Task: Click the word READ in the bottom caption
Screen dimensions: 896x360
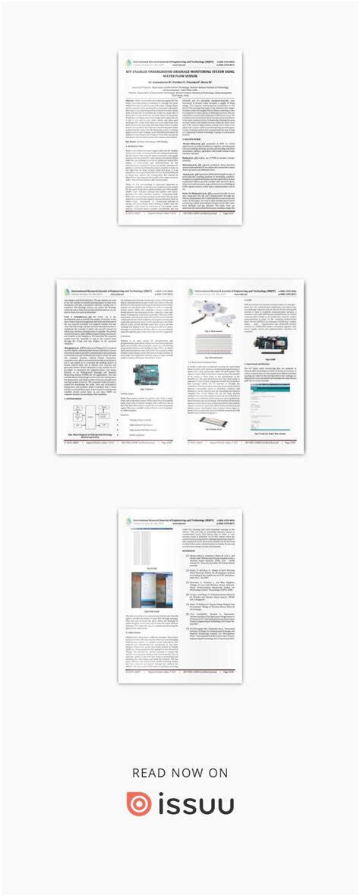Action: pos(149,772)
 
